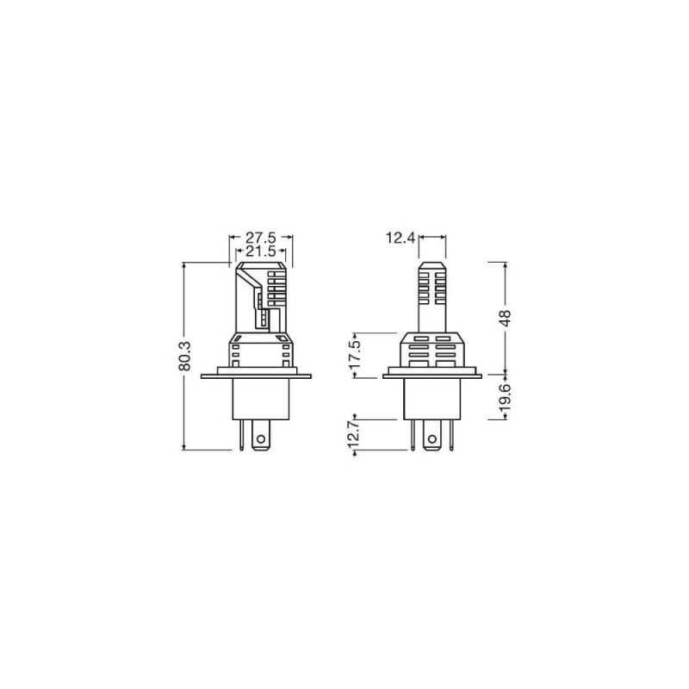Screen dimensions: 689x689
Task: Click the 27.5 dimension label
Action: tap(260, 239)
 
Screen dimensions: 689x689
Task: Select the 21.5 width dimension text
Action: tap(260, 251)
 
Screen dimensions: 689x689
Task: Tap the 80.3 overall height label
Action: tap(185, 356)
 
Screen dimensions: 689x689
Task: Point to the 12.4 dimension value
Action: tap(400, 238)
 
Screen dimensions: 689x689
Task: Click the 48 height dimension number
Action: tap(506, 318)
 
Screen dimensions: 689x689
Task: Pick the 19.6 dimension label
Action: tap(506, 397)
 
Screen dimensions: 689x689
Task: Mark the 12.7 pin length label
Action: tap(357, 435)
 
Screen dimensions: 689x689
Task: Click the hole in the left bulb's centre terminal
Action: tap(261, 438)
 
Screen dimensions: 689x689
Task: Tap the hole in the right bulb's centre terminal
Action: tap(432, 438)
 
